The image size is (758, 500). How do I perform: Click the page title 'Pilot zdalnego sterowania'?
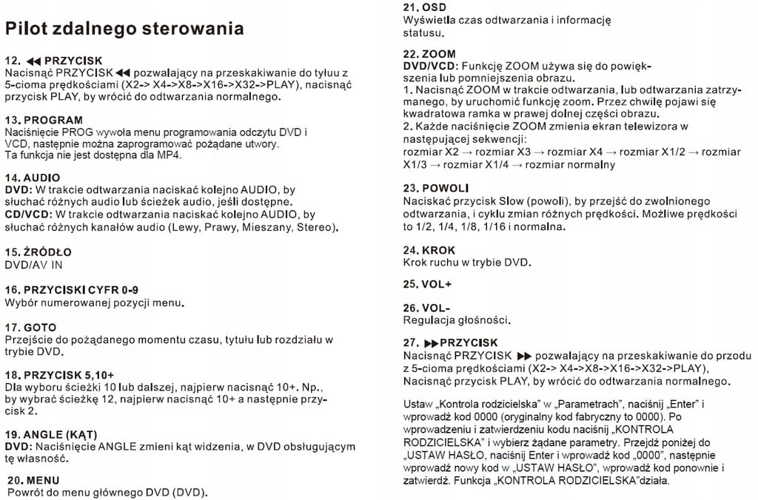[x=124, y=29]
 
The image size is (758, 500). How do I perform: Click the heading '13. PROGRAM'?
[x=44, y=120]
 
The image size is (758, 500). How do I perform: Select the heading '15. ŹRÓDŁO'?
[x=38, y=252]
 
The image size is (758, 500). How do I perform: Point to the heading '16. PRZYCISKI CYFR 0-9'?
[x=71, y=290]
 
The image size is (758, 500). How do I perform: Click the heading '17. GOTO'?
[x=30, y=328]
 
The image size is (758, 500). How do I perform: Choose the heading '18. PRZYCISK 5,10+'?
[x=59, y=376]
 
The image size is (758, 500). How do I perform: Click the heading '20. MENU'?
[x=33, y=480]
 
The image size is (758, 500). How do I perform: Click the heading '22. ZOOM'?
[x=429, y=55]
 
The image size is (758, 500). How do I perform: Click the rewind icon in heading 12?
[x=34, y=61]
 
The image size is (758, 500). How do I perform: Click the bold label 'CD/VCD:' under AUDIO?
[x=27, y=214]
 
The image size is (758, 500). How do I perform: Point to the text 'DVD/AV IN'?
[x=33, y=264]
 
